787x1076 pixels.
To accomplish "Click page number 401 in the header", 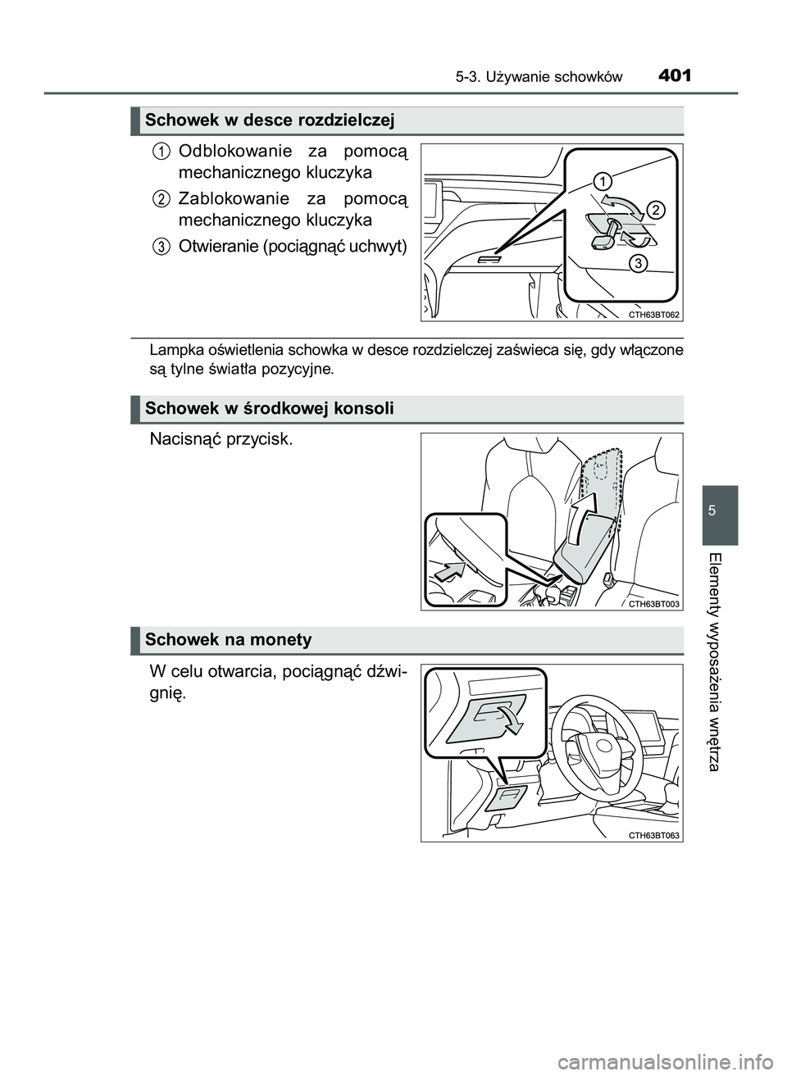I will coord(674,76).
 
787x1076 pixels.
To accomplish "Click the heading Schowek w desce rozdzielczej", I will coord(270,121).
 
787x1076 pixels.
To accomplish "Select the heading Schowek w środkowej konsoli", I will coord(270,408).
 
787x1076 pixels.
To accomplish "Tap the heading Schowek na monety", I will coord(229,639).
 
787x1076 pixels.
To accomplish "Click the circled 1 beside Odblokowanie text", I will coord(161,151).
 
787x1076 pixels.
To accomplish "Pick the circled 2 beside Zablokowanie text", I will coord(161,198).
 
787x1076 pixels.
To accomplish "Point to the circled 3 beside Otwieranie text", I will coord(161,246).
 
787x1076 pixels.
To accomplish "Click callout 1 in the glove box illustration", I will coord(603,180).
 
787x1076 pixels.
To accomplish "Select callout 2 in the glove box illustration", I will coord(656,211).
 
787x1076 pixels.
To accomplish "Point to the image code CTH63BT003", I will coord(654,603).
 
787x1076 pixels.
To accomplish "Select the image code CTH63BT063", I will coord(654,834).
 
